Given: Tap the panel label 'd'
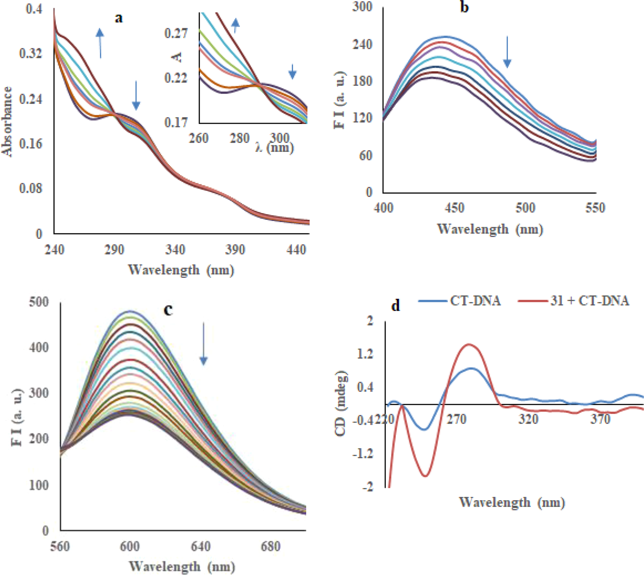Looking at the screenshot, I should [396, 305].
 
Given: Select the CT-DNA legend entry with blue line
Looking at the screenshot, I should [460, 301].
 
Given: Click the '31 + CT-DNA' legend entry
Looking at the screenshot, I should [574, 301].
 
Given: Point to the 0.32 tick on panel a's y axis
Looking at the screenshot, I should [31, 53].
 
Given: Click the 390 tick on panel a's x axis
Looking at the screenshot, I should [235, 250].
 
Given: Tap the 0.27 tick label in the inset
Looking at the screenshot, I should [176, 33].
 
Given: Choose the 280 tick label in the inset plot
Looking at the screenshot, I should [239, 138].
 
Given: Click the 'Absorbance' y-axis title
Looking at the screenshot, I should [7, 121].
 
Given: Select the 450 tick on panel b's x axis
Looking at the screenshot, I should [454, 208].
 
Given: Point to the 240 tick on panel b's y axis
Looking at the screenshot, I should [362, 44].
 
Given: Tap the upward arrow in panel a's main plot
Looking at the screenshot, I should [100, 43].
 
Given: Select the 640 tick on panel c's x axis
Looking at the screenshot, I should [201, 546].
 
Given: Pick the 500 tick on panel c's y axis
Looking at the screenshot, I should [39, 302].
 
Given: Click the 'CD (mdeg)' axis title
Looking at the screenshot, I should [341, 403].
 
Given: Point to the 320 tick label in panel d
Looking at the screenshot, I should [528, 419].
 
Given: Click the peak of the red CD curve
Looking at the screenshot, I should [469, 344].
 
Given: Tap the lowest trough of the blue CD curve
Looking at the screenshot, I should [424, 429].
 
